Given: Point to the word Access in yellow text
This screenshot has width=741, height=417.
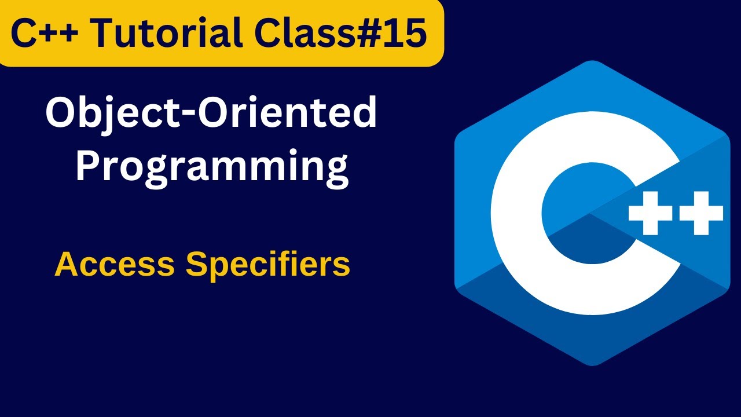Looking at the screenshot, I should [x=115, y=265].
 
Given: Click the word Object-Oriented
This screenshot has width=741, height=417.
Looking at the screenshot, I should [x=211, y=113].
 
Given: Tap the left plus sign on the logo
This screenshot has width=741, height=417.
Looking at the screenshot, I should [x=650, y=213].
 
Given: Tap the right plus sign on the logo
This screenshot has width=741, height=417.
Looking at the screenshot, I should [x=702, y=213].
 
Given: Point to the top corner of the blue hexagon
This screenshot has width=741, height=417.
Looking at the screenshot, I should [x=592, y=62].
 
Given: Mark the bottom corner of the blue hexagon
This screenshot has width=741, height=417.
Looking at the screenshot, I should [x=592, y=365].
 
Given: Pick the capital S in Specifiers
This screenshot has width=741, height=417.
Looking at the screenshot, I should [x=199, y=265].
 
